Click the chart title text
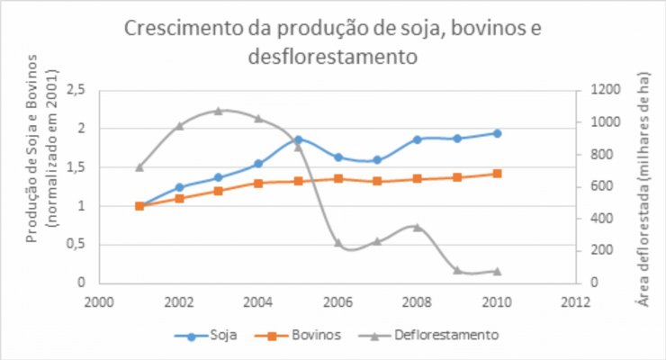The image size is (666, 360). tap(333, 42)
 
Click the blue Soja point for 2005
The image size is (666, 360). tap(298, 139)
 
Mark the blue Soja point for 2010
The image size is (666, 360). tap(497, 133)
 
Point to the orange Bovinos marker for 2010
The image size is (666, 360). tap(497, 174)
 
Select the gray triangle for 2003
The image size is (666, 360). tap(219, 111)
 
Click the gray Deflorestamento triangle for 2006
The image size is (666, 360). tap(338, 242)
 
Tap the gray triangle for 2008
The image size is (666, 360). tap(418, 227)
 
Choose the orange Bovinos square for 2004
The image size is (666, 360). tap(258, 183)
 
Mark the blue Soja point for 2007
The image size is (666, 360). tap(378, 160)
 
